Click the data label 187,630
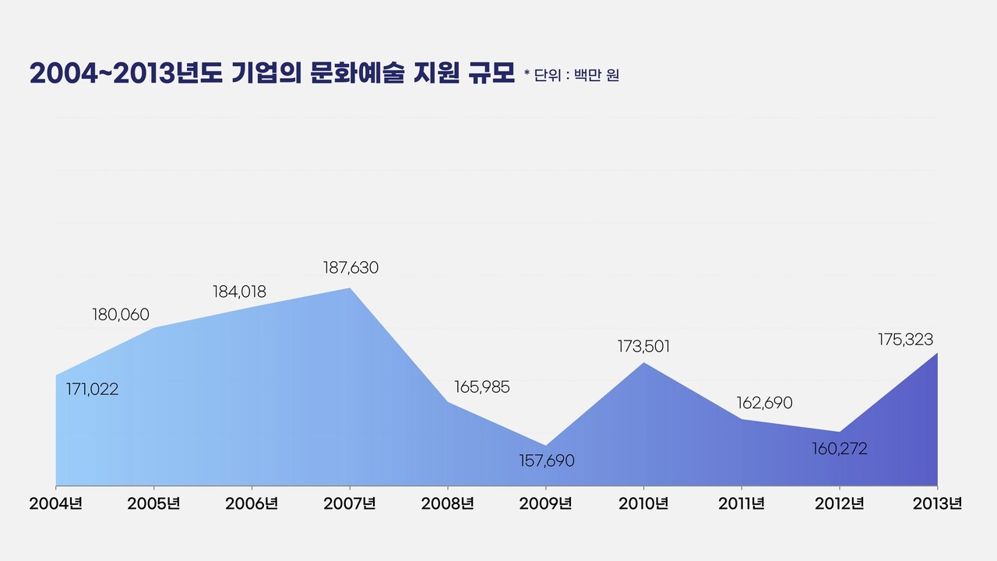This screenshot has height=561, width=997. pyautogui.click(x=351, y=268)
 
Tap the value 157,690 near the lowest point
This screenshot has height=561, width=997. pyautogui.click(x=547, y=461)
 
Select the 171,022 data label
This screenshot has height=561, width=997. pyautogui.click(x=92, y=390)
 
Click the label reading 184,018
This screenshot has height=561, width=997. pyautogui.click(x=239, y=292)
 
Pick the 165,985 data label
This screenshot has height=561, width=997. pyautogui.click(x=481, y=387)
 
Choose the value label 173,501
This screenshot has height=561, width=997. pyautogui.click(x=643, y=347)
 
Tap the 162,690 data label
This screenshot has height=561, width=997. pyautogui.click(x=764, y=404)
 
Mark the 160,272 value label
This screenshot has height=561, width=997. pyautogui.click(x=839, y=450)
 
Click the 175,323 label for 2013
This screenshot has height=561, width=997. pyautogui.click(x=905, y=340)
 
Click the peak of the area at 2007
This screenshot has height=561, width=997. pyautogui.click(x=350, y=289)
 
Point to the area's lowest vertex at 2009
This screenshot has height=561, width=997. pyautogui.click(x=546, y=445)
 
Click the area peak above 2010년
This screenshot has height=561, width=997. pyautogui.click(x=643, y=362)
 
